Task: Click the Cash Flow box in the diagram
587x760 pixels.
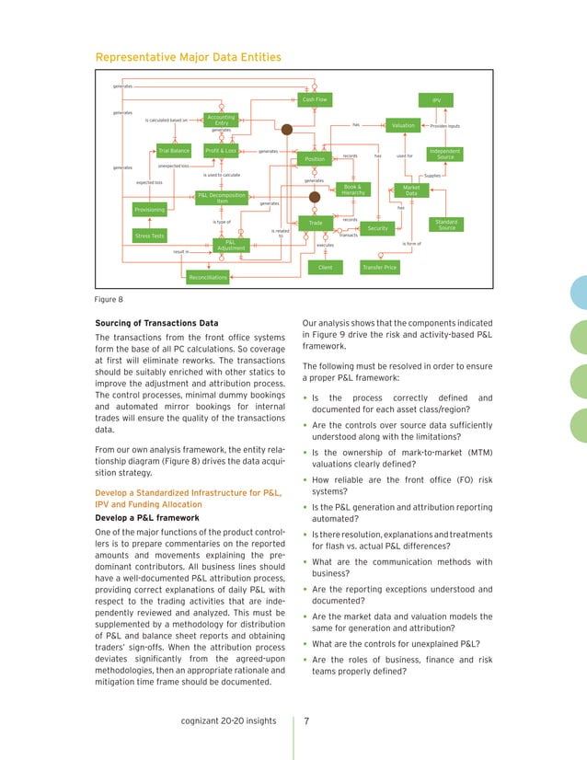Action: (x=315, y=99)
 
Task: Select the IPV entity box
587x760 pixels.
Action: (x=436, y=99)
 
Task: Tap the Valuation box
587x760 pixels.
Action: (x=403, y=125)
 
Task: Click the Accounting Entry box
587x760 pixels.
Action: (x=221, y=120)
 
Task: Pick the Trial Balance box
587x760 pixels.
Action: (x=173, y=150)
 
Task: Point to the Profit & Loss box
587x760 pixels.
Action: (x=221, y=150)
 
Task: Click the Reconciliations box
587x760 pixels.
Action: (x=207, y=276)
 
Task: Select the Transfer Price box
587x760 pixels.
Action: (x=379, y=268)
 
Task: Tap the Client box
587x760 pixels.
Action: (x=325, y=268)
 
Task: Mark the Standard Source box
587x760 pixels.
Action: (x=446, y=225)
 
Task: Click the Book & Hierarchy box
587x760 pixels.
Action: (x=353, y=190)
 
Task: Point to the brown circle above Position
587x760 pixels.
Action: (x=286, y=131)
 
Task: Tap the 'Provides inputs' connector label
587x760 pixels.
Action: (x=445, y=126)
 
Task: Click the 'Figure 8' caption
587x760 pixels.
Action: (x=109, y=299)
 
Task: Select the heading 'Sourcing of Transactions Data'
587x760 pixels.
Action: (x=157, y=323)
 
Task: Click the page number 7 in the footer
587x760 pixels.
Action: (x=306, y=720)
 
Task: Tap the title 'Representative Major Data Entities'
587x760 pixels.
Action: (x=188, y=58)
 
